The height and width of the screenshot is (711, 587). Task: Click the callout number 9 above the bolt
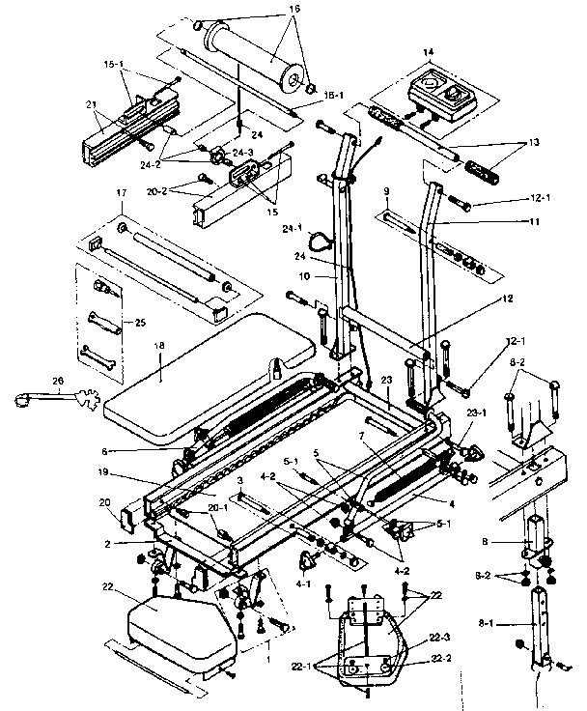386,190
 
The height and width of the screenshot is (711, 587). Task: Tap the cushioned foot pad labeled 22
184,627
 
